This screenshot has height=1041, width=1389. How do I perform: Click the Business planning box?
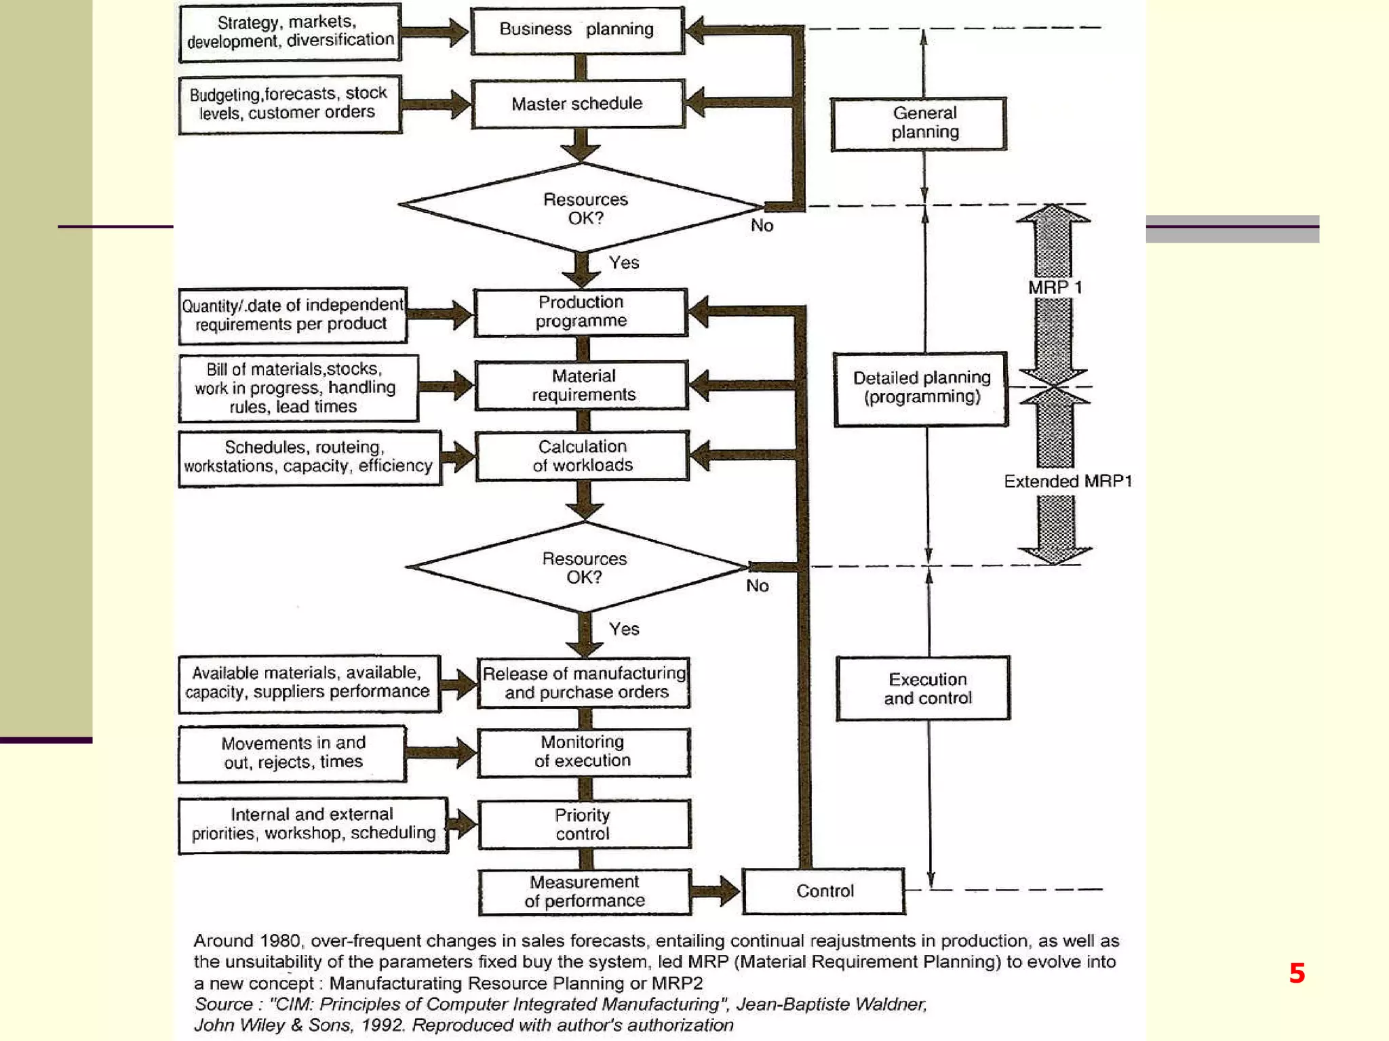tap(577, 30)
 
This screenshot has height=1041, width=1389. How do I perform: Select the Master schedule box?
tap(577, 104)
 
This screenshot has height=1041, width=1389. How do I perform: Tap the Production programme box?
tap(581, 312)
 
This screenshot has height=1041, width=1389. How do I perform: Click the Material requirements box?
tap(583, 385)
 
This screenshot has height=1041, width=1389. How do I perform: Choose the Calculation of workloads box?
tap(583, 455)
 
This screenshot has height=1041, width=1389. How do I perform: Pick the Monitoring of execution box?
tap(583, 752)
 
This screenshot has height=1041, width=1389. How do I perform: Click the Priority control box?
tap(584, 824)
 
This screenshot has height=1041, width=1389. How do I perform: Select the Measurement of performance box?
tap(585, 891)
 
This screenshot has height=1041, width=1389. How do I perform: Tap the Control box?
tap(824, 891)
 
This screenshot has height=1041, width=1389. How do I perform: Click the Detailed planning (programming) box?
tap(921, 388)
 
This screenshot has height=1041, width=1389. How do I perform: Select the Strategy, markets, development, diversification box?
tap(290, 32)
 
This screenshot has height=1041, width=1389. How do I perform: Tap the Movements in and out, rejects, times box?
tap(293, 753)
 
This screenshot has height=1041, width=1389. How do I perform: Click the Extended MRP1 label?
tap(1068, 481)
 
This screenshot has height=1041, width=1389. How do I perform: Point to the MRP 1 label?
tap(1055, 287)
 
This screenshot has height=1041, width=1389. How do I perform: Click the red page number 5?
tap(1297, 973)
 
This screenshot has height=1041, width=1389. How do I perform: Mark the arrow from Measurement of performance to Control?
tap(716, 891)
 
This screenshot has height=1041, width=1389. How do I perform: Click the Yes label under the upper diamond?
tap(624, 263)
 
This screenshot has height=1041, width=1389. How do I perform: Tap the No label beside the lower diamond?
tap(758, 586)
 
